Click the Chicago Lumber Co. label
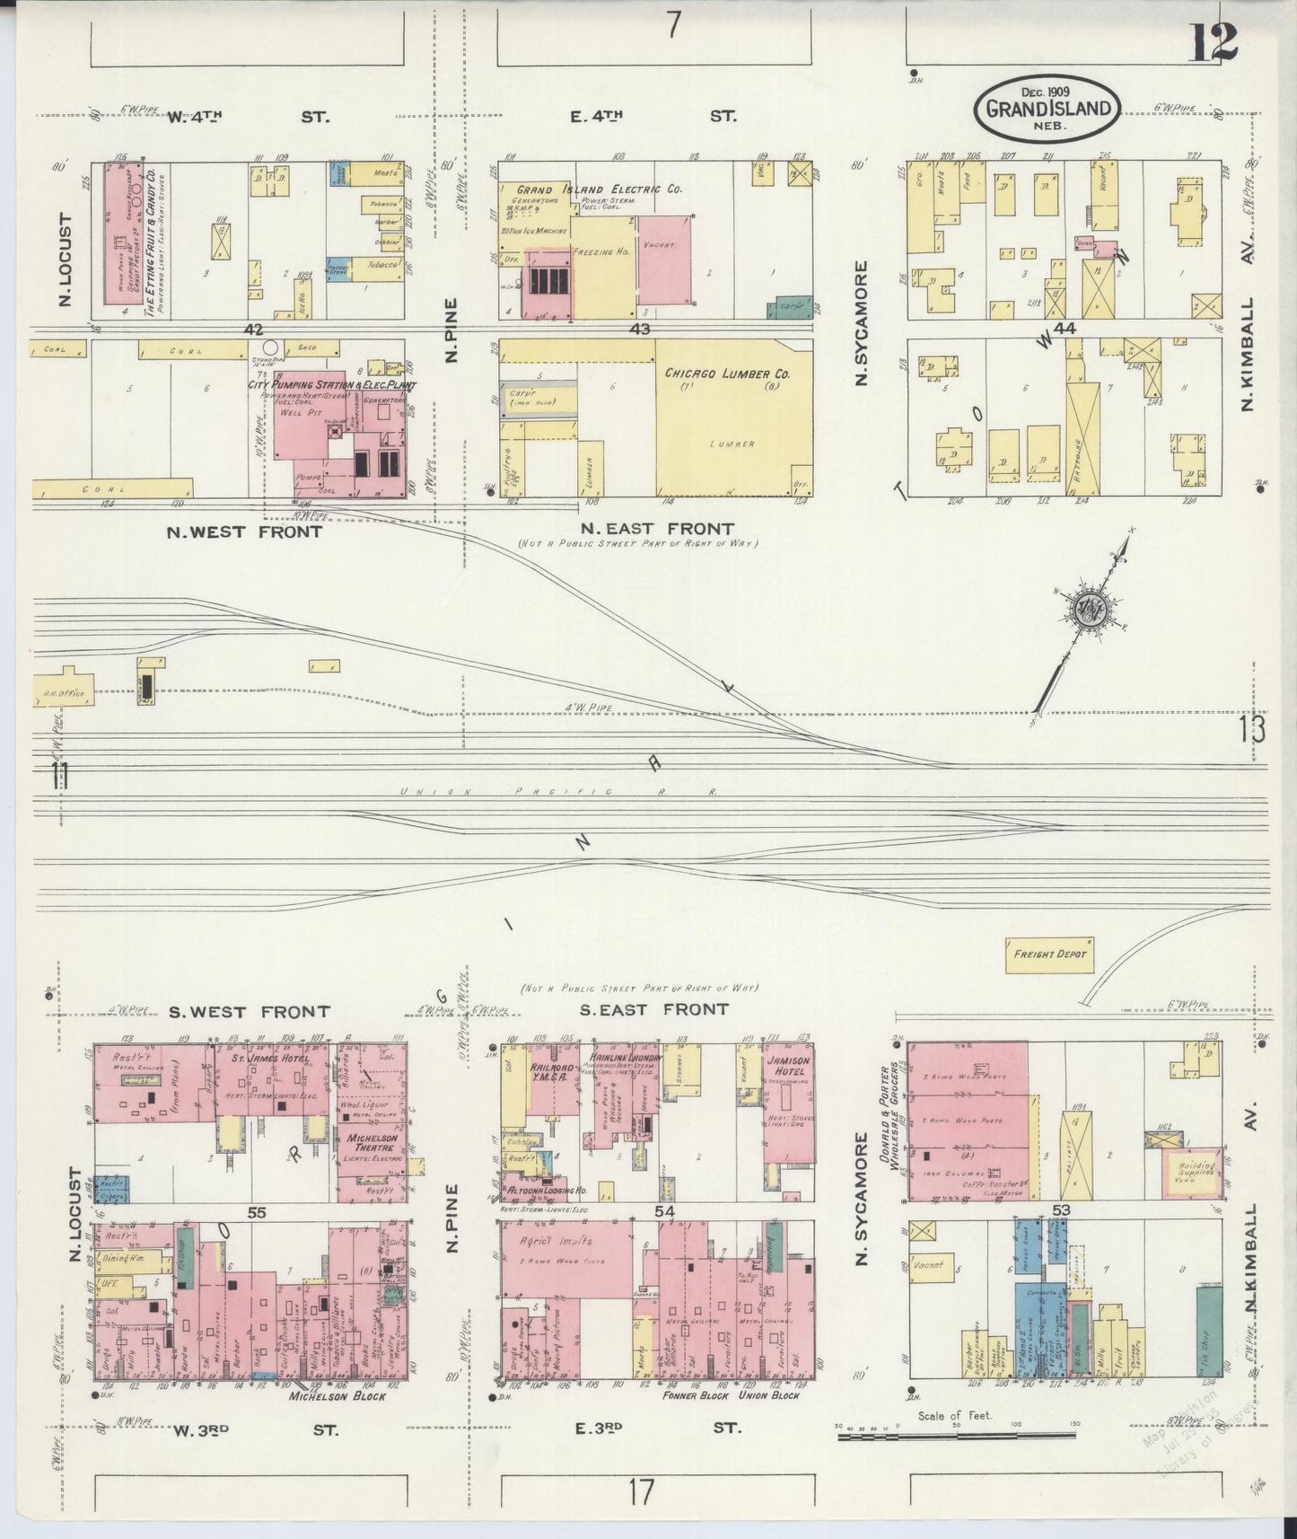coord(725,374)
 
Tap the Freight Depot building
coord(1048,954)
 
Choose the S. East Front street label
coord(653,1009)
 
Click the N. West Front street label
coord(244,532)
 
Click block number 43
coord(639,330)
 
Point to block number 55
coord(258,1212)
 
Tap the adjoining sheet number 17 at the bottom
coord(640,1492)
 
